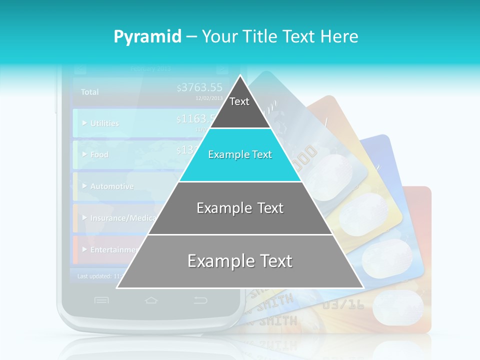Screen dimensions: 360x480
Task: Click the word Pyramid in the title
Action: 147,37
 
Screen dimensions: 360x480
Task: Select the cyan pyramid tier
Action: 240,155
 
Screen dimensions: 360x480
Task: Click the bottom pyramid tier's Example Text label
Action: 240,261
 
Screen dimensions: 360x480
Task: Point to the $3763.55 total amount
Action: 199,88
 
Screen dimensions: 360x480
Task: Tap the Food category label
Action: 99,154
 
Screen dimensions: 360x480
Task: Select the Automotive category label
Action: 111,186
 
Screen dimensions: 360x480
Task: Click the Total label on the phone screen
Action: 90,92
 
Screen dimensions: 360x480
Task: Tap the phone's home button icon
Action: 151,300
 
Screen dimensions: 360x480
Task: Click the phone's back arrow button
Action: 200,300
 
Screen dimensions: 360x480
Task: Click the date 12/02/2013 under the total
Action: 209,98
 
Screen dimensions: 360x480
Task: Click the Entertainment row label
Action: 114,249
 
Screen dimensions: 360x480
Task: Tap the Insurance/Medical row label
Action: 123,218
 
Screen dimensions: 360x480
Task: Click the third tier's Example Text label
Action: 240,208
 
